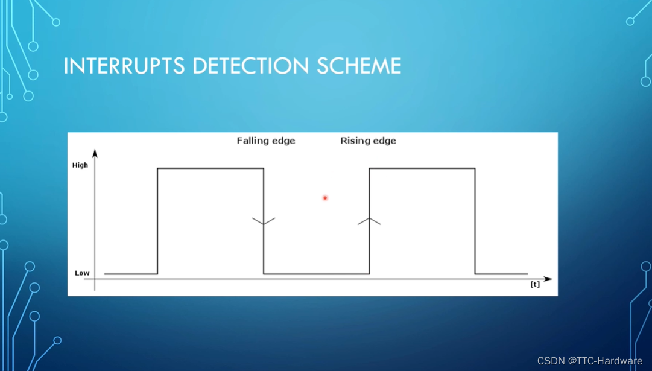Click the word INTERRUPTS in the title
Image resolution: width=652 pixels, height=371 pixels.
(x=124, y=66)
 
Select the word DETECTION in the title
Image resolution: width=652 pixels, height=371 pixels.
(x=248, y=66)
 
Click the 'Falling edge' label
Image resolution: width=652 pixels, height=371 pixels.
(x=265, y=141)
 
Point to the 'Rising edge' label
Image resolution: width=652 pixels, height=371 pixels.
(x=368, y=141)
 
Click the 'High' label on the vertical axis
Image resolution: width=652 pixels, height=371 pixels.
(x=80, y=165)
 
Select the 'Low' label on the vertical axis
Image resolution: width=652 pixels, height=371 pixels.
(x=82, y=273)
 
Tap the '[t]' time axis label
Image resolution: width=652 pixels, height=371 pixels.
(x=535, y=284)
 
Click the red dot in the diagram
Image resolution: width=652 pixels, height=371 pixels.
(x=325, y=198)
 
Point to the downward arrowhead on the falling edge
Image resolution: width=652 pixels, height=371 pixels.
(x=264, y=222)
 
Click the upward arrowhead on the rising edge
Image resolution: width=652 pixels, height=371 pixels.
(x=369, y=221)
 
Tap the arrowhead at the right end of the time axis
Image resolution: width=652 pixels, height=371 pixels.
(x=548, y=279)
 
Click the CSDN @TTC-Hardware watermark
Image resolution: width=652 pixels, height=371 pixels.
(x=589, y=361)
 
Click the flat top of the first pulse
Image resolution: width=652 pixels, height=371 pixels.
(x=210, y=168)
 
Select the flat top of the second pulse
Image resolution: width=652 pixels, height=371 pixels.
(x=422, y=168)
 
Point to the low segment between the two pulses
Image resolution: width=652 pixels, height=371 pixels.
(x=316, y=274)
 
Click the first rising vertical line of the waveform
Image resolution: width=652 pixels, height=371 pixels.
(x=157, y=221)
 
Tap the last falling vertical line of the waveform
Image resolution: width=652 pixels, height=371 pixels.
(x=475, y=221)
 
